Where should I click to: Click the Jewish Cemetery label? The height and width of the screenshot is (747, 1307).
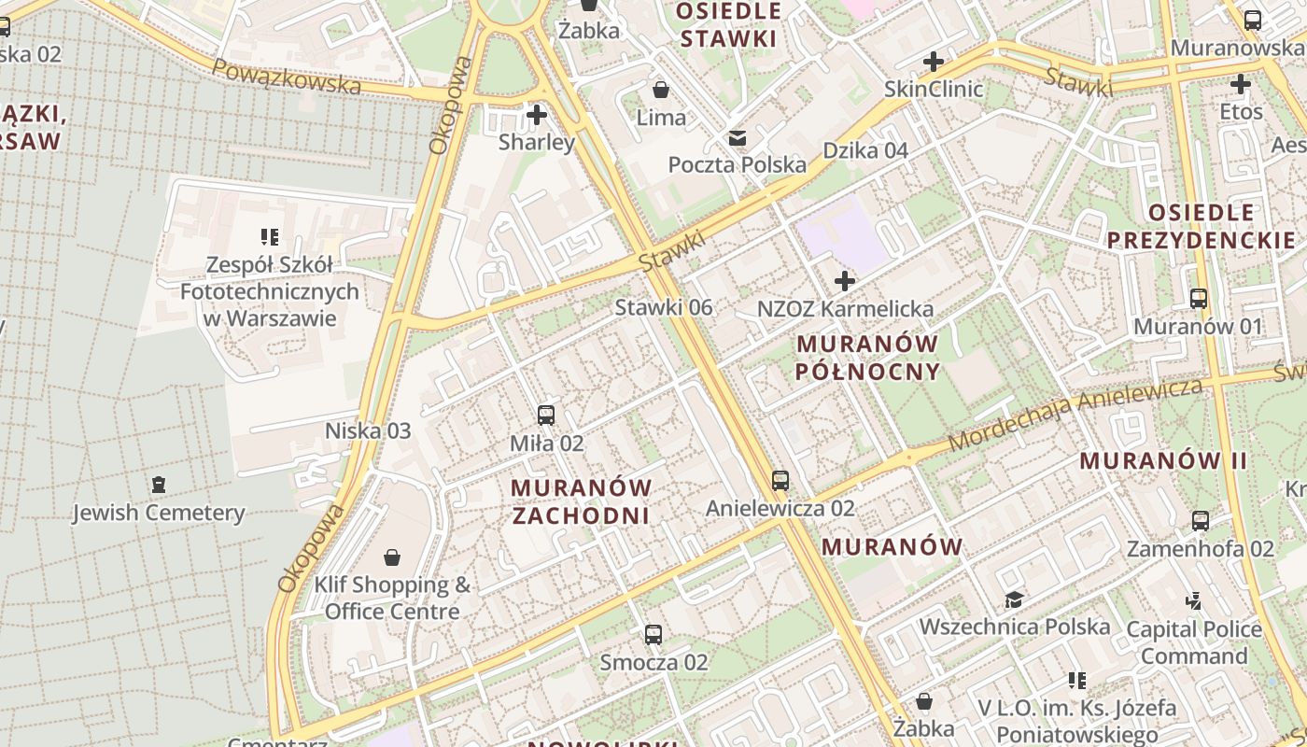[x=159, y=513]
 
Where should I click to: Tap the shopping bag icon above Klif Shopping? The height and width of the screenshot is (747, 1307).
[x=393, y=557]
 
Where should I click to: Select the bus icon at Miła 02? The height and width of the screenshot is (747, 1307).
[x=546, y=416]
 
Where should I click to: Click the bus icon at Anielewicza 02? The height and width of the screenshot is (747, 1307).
[x=780, y=481]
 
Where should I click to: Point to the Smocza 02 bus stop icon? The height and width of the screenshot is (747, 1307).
[x=653, y=635]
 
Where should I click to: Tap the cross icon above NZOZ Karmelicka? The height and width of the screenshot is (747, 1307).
[x=845, y=280]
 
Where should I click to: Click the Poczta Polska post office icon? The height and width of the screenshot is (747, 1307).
[x=738, y=138]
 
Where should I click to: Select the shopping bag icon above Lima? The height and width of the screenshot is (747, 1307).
[x=661, y=90]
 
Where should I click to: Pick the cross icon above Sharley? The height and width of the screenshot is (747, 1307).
[x=536, y=115]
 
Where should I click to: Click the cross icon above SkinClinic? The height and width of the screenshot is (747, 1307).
[x=933, y=62]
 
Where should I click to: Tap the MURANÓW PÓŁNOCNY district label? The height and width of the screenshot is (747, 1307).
[x=867, y=358]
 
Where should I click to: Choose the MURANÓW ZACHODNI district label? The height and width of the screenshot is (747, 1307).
[x=581, y=501]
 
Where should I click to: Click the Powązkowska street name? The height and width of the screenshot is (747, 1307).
[x=286, y=77]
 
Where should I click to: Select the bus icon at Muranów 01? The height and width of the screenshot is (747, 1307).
[x=1199, y=299]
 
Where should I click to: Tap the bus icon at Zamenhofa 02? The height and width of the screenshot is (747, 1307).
[x=1201, y=521]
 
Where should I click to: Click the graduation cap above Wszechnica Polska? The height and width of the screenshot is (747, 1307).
[x=1014, y=599]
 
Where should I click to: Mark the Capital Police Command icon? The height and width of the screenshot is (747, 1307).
[x=1193, y=601]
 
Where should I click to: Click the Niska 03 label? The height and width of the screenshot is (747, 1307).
[x=368, y=430]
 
